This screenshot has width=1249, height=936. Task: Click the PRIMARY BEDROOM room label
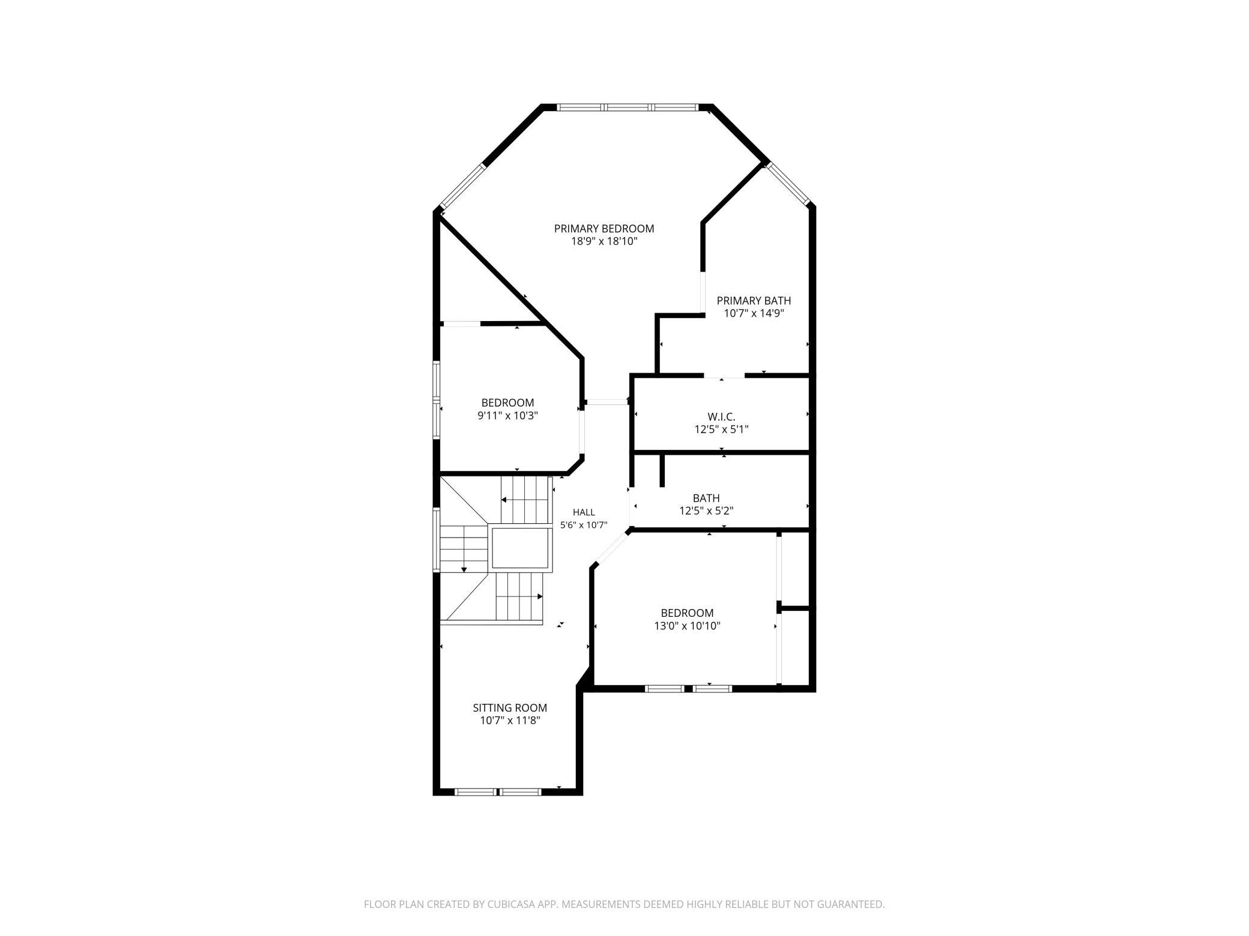(x=604, y=229)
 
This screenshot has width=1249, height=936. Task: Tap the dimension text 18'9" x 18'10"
(x=604, y=242)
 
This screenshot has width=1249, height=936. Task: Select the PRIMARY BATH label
(x=754, y=301)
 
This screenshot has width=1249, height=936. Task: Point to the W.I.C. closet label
(x=721, y=416)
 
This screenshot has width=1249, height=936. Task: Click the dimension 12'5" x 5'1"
(x=721, y=430)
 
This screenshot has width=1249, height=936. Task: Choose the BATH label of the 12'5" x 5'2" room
(x=706, y=498)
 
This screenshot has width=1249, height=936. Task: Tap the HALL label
(x=584, y=512)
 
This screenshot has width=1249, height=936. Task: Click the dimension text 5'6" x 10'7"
(x=584, y=525)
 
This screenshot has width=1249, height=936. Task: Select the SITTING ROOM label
(x=510, y=708)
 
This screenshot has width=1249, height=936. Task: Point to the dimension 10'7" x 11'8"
(x=510, y=721)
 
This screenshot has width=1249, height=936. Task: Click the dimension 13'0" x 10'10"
(x=687, y=626)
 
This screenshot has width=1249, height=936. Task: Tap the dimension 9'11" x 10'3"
(x=507, y=416)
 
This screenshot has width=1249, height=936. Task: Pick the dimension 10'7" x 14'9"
(x=754, y=313)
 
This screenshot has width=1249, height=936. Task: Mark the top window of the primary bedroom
(x=627, y=107)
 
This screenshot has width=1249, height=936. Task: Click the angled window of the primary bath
(x=788, y=184)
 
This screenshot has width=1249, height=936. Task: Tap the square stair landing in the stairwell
(x=521, y=548)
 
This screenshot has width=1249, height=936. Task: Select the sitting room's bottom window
(x=498, y=792)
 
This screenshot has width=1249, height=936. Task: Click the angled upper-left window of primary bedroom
(x=462, y=187)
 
